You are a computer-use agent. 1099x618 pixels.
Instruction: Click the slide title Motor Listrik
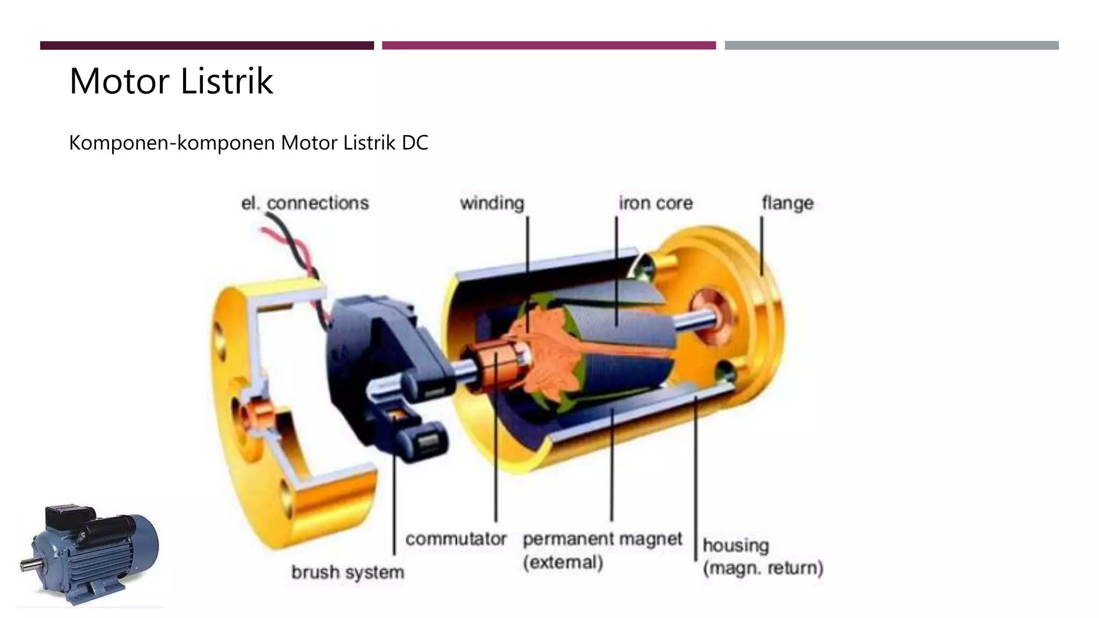[171, 81]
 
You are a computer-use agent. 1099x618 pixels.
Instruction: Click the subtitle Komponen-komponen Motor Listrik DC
[248, 143]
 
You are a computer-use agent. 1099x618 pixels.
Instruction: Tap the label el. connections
[305, 203]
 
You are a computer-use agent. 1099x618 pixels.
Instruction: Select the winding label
[492, 203]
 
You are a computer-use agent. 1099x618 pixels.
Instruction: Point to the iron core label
[656, 203]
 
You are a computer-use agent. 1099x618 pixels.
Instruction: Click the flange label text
[787, 203]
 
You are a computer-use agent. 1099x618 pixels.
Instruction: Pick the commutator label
[456, 539]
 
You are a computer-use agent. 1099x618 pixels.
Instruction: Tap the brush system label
[348, 572]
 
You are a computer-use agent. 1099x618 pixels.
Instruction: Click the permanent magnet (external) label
[603, 550]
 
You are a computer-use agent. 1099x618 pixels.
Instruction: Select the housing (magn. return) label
[763, 556]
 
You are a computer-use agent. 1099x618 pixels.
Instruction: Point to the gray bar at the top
[891, 46]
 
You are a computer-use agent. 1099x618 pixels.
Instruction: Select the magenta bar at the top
[549, 46]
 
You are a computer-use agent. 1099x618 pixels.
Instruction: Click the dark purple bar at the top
[207, 46]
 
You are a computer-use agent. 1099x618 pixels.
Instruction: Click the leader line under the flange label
[761, 246]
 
